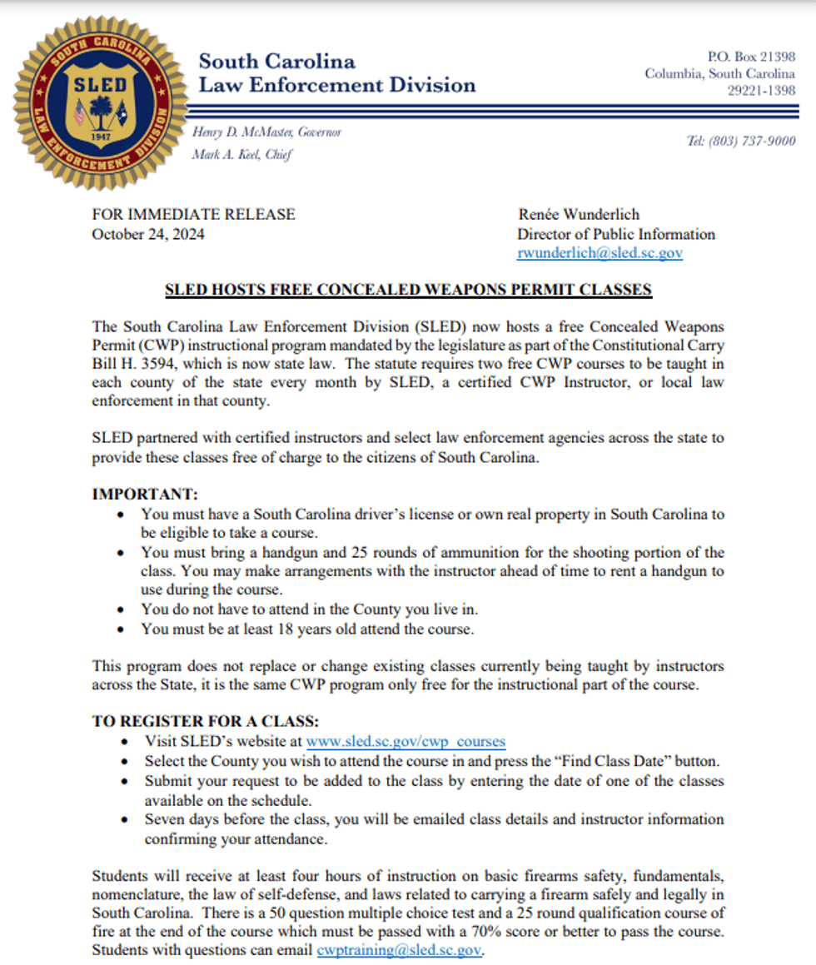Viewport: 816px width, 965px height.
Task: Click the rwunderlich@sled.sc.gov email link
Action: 600,253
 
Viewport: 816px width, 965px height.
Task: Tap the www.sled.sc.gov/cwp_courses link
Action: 406,741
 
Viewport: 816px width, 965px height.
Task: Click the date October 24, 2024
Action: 148,234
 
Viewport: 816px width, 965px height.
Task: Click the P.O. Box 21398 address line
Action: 751,57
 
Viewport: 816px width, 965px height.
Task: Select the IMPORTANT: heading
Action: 144,494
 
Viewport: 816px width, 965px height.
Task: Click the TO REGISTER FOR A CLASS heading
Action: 205,721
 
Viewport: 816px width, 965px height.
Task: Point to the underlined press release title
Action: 408,290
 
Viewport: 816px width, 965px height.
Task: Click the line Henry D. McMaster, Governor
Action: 266,132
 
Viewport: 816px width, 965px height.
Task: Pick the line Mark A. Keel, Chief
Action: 241,154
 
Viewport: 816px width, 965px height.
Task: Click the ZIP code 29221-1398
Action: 761,91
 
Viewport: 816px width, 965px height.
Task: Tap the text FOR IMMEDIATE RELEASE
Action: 193,214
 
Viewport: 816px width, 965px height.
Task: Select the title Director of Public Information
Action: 615,234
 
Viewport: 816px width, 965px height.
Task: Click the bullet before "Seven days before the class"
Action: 124,820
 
